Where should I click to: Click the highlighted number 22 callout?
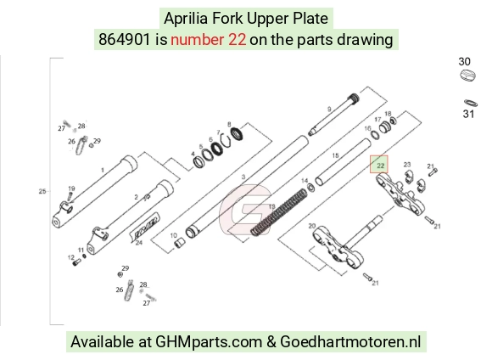379,165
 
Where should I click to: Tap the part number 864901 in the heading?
125,40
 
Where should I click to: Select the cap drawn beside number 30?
468,76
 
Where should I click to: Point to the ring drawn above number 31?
471,103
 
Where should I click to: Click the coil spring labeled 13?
278,212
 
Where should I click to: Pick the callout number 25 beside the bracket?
42,191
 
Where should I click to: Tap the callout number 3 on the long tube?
243,177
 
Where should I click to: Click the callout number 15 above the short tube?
335,155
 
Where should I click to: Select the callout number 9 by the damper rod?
329,110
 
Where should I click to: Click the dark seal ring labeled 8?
237,134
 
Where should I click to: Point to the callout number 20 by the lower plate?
311,226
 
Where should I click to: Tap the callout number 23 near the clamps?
407,165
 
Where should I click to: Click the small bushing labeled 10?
180,243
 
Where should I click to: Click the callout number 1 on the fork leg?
103,171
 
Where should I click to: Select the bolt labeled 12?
76,262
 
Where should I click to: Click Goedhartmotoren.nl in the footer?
350,342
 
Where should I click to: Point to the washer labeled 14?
310,188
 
